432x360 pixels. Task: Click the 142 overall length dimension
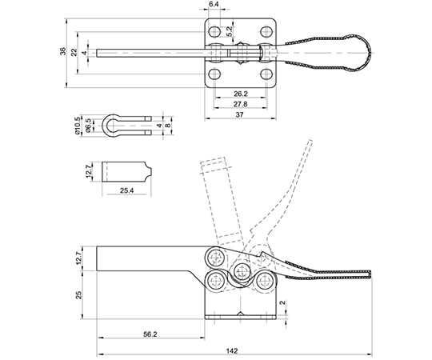tap(232, 351)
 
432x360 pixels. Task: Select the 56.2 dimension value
tap(150, 334)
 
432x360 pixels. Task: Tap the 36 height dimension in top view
tap(63, 51)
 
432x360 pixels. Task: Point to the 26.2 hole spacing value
tap(241, 94)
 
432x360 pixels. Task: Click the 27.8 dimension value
tap(241, 104)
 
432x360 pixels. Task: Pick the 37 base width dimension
tap(240, 114)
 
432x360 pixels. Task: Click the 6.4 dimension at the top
tap(214, 4)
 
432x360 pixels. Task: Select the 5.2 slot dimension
tap(230, 32)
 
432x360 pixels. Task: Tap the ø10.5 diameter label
tap(78, 125)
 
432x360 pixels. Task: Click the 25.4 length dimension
tap(126, 190)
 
